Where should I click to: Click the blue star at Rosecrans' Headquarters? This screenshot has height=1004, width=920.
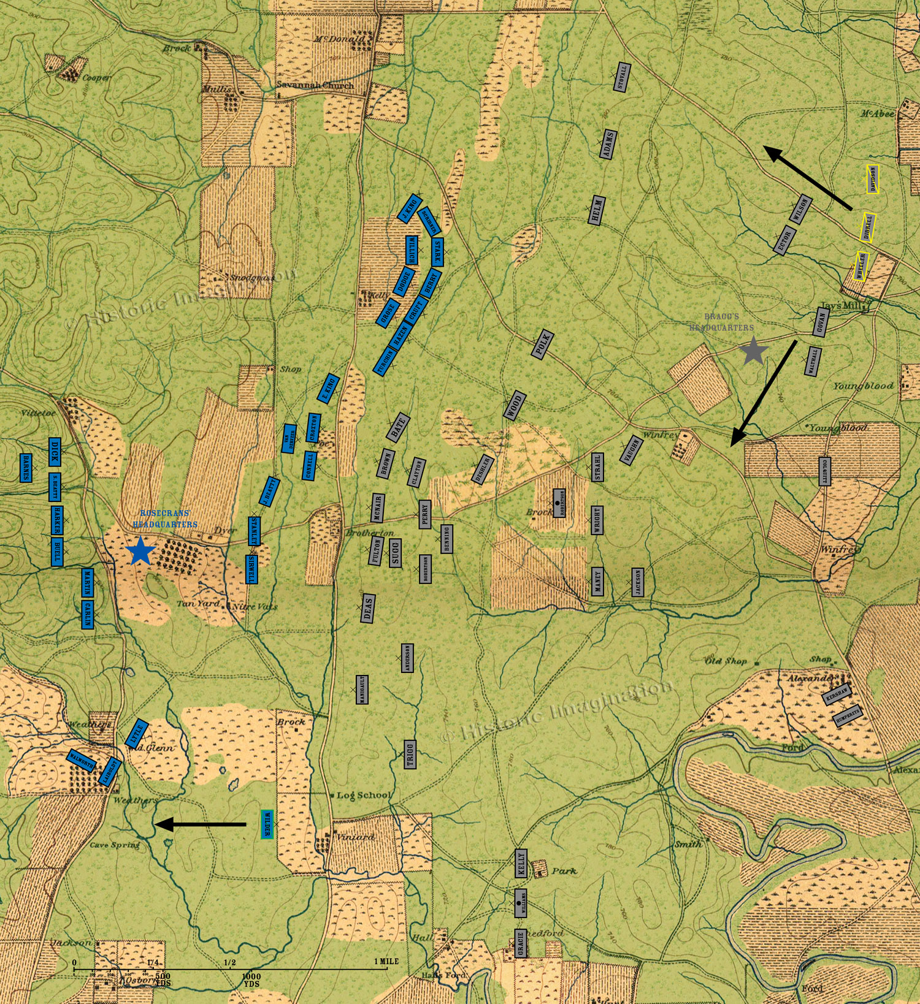coord(140,550)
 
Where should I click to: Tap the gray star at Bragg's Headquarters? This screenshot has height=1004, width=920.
coord(753,351)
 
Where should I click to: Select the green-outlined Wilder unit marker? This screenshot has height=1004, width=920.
coord(266,824)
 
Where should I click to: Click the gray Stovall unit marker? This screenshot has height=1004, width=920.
coord(623,77)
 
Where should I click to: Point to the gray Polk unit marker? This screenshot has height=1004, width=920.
coord(542,345)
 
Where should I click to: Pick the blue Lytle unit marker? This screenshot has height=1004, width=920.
coord(137,732)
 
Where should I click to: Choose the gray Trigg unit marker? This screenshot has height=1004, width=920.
coord(410,754)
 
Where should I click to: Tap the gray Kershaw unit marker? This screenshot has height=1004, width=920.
coord(837,694)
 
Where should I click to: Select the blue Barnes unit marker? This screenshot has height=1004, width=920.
coord(26,468)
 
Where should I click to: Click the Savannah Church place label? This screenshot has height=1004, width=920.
coord(315,85)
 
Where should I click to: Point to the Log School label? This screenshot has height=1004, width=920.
coord(364,795)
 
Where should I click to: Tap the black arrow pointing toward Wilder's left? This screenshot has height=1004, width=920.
coord(199,825)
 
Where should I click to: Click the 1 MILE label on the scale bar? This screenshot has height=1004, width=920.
coord(386,961)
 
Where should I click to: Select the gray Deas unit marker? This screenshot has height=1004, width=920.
coord(368,608)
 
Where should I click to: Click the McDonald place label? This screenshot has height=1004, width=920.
coord(339,39)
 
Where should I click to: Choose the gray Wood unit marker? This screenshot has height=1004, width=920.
coord(515,405)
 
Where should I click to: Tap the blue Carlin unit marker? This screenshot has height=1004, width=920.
coord(88,614)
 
